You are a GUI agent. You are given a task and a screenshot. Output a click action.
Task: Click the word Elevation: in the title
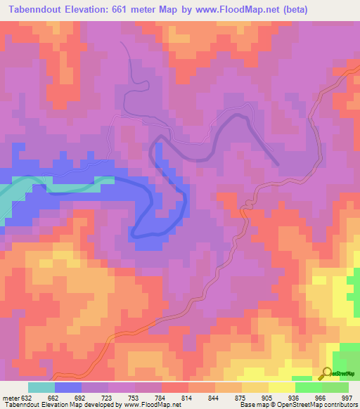click(x=95, y=8)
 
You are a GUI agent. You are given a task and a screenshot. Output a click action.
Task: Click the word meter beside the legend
click(x=12, y=397)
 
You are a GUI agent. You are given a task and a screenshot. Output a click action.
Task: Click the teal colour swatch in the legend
click(x=41, y=387)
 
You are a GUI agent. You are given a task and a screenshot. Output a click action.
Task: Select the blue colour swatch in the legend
click(x=68, y=387)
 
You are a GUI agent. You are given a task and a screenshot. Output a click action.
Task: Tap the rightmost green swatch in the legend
click(x=335, y=387)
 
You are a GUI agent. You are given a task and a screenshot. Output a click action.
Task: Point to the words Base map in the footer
click(x=251, y=405)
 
